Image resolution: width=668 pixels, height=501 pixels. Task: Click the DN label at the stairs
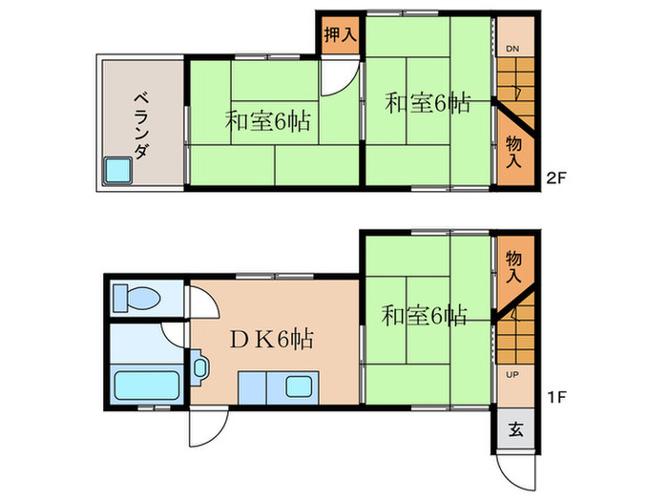click(x=512, y=49)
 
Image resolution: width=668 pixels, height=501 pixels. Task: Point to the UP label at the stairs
click(x=512, y=374)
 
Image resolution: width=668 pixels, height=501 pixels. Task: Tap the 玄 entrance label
click(x=515, y=429)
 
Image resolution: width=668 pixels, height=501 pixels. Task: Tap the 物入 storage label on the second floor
click(x=513, y=152)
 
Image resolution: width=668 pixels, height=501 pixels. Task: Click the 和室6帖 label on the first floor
click(x=426, y=315)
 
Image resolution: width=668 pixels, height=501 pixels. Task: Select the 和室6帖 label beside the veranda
click(x=268, y=122)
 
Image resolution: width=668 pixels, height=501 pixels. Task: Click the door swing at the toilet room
click(x=203, y=303)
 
